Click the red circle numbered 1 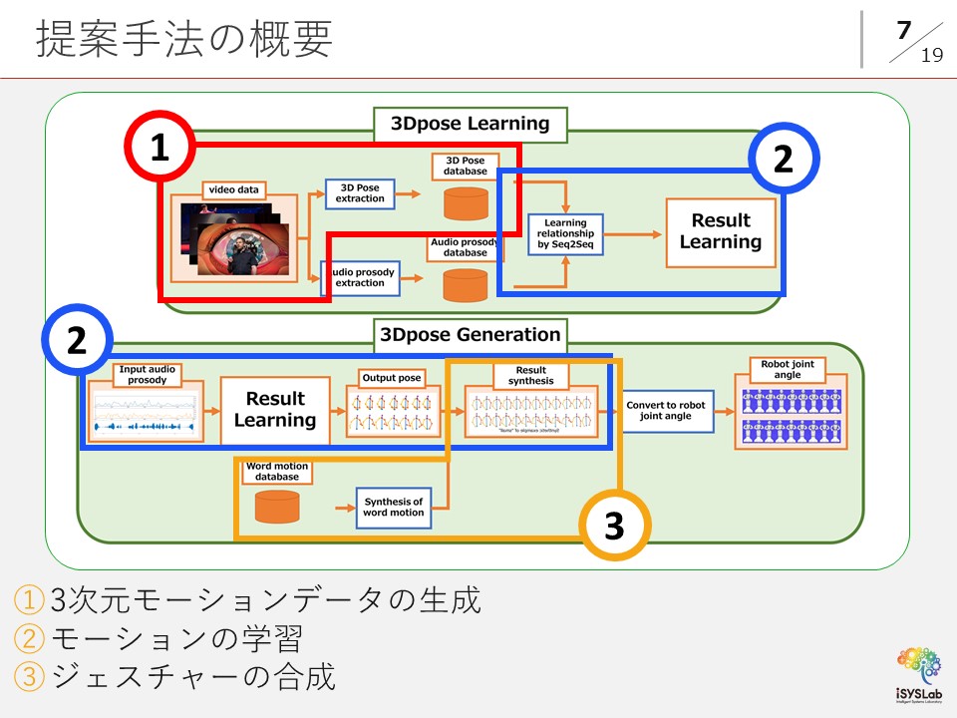point(159,149)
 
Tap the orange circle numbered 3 point(615,526)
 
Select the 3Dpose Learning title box point(470,125)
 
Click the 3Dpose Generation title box point(471,335)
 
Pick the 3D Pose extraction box point(360,194)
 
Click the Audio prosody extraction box point(360,277)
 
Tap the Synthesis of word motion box point(393,507)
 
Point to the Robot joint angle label point(788,369)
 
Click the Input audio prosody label point(147,375)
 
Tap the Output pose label point(392,379)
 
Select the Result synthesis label point(531,375)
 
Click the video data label point(234,189)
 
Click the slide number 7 point(903,31)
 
